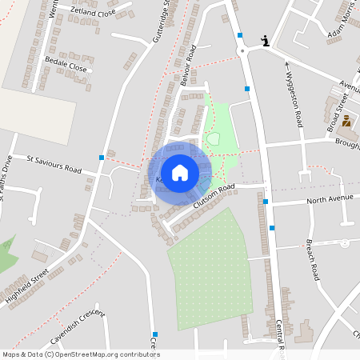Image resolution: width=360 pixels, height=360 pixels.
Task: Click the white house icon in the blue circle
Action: [x=180, y=172]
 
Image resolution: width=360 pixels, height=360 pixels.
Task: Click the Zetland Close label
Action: [x=93, y=13]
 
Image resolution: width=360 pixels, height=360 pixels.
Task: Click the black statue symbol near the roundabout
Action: [x=266, y=41]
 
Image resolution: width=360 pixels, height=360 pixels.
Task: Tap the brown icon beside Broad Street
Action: [x=346, y=122]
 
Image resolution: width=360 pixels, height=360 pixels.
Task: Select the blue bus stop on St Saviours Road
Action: [x=102, y=157]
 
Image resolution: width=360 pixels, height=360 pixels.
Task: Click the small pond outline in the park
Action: [x=214, y=139]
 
